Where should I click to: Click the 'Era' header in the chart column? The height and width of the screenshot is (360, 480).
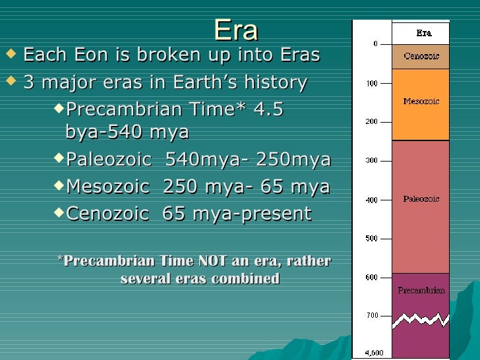point(424,32)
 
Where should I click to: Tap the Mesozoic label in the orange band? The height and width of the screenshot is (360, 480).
point(421,102)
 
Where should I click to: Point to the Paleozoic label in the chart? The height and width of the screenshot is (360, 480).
point(421,198)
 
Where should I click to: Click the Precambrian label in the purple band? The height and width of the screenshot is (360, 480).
point(421,289)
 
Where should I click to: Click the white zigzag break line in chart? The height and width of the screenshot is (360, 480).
point(421,320)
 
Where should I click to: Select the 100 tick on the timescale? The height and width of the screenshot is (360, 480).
point(373,84)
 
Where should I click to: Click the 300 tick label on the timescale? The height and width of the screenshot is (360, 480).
point(373,161)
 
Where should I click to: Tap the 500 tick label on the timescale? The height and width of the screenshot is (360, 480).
point(373,239)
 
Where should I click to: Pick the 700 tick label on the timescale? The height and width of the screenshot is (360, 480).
point(373,315)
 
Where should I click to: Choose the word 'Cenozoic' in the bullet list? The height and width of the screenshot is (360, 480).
point(107,214)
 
